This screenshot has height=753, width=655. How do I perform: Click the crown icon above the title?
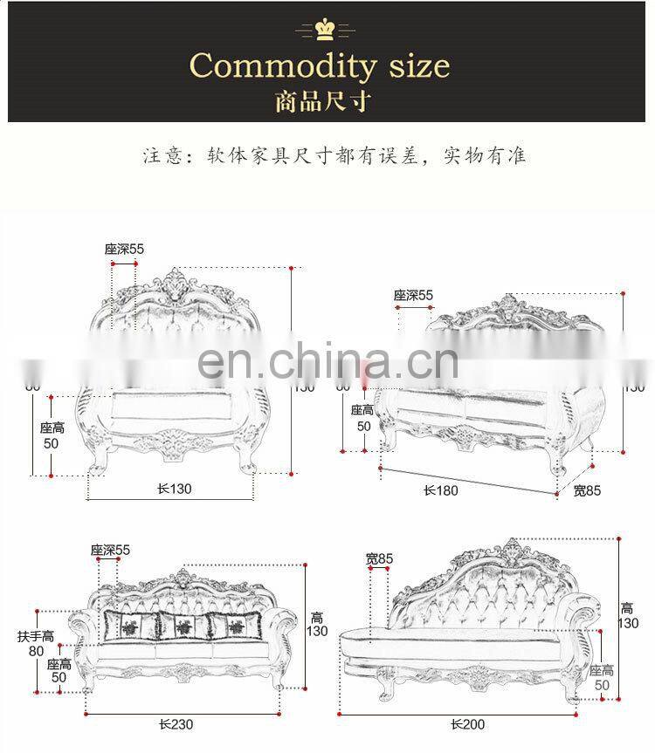327,30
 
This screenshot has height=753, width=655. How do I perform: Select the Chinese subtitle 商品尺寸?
322,101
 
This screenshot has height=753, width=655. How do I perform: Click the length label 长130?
175,489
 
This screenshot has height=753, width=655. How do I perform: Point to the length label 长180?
441,490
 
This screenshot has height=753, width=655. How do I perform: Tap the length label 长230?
176,723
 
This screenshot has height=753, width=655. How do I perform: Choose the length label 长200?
467,723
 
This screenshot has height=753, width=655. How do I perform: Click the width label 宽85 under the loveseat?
587,490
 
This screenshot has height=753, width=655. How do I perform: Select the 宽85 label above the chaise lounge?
380,558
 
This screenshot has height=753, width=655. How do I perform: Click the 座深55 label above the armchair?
125,249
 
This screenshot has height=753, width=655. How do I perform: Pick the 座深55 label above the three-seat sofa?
110,550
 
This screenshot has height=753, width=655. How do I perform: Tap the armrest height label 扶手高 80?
36,643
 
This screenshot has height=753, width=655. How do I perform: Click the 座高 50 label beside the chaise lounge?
602,678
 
